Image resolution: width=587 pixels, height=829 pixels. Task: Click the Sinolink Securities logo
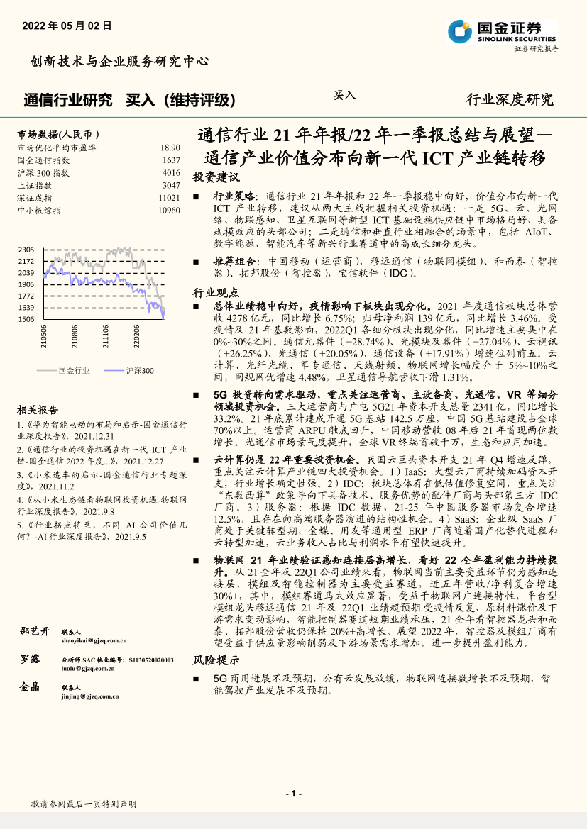pos(501,32)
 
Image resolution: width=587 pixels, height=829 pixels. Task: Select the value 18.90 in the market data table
pos(170,148)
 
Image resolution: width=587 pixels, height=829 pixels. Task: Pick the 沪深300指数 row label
pos(43,172)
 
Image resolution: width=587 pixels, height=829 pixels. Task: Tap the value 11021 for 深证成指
pos(169,198)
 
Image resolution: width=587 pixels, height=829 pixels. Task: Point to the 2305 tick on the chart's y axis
pos(26,250)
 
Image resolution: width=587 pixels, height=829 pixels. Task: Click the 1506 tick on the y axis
pos(26,319)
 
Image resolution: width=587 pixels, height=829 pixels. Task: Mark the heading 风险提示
pos(216,660)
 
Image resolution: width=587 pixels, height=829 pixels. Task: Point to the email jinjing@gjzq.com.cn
pos(90,696)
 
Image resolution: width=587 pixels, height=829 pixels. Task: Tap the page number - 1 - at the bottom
pos(293,794)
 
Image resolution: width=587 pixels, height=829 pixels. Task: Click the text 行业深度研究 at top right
pos(509,100)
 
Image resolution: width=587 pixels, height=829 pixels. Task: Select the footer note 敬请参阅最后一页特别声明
pos(84,804)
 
